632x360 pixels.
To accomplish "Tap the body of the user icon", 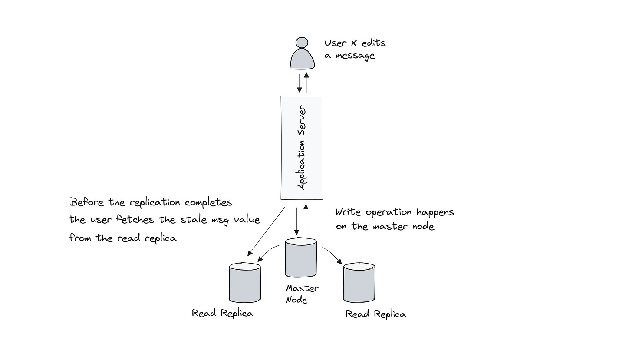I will (303, 60).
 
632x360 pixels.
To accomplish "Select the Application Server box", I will (302, 148).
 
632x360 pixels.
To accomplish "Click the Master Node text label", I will (302, 294).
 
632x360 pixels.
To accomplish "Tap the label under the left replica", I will (222, 313).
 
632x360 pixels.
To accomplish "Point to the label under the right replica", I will (376, 314).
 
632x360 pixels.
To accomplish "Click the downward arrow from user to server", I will (299, 83).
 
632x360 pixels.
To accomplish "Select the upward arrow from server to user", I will (306, 83).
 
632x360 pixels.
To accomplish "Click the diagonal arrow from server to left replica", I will (266, 231).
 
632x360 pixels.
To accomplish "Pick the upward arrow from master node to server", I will (306, 219).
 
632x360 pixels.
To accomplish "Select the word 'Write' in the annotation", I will (349, 212).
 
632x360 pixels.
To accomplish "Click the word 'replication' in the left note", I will (155, 203).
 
